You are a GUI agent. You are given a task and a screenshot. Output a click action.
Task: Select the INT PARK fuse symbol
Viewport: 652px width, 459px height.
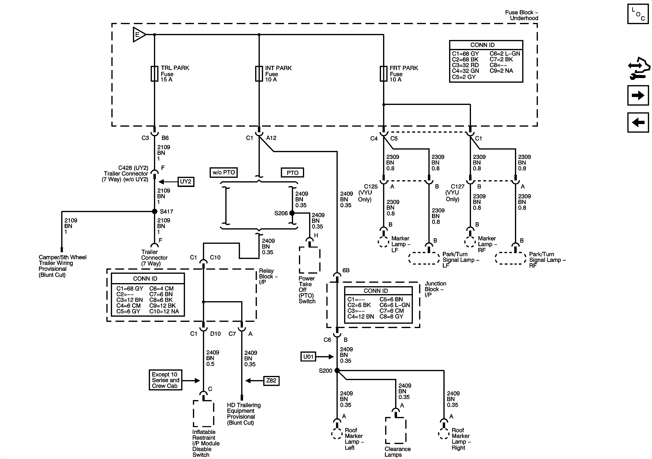(259, 74)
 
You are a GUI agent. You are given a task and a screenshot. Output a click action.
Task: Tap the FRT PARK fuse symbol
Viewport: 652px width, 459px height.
(383, 74)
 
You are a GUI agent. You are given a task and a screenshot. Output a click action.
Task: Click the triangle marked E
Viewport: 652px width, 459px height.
(139, 35)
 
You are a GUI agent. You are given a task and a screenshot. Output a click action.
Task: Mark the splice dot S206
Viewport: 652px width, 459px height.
(292, 213)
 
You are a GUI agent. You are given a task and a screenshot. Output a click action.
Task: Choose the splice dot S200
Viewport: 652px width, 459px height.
(337, 370)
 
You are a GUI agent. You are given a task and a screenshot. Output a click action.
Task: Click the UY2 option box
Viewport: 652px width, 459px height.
(186, 182)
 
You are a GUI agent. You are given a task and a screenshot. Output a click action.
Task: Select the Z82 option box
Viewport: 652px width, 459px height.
(271, 381)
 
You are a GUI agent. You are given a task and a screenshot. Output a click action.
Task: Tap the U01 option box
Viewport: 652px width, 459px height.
(308, 356)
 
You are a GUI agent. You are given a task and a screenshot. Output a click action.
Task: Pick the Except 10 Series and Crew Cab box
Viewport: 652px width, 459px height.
(165, 380)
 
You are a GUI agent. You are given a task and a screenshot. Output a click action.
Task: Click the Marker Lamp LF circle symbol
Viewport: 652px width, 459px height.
(383, 242)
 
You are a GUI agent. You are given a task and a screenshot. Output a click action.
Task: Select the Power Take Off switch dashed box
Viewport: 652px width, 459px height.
(309, 260)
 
